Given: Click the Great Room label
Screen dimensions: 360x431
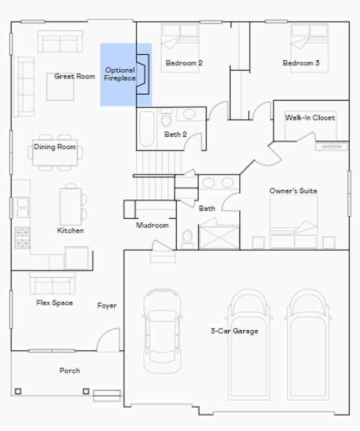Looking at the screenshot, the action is coord(74,76).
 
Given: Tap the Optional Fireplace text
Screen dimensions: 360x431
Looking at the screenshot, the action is coord(120,74).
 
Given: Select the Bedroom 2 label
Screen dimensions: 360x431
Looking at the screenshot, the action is coord(184,63).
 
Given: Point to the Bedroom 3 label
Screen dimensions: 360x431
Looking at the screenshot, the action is coord(301,63).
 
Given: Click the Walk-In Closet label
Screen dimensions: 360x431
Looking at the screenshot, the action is coord(310,118).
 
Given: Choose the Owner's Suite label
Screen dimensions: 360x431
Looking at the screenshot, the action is coord(293,191).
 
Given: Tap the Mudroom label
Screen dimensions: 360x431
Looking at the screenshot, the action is coord(152,225).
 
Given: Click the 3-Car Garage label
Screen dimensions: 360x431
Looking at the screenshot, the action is coord(234,331).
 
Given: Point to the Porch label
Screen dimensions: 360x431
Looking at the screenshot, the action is coord(70,371).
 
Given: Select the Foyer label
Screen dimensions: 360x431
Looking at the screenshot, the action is coord(107,305).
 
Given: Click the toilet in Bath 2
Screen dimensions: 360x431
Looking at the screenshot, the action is coord(166,118).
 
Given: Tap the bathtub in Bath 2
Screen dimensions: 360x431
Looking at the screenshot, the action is coord(147,129).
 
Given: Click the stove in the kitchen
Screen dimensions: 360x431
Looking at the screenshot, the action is coord(22,238).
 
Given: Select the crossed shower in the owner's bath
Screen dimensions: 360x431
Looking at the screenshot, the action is coord(219,237).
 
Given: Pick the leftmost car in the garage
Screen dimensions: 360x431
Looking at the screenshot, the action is coord(162,331).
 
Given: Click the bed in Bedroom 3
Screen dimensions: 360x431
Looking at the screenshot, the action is coord(310,48).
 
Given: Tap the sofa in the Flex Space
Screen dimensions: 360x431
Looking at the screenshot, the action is coord(53,283).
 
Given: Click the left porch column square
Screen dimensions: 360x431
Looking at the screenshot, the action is coord(18,391).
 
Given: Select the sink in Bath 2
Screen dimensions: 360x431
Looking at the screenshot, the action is coord(189,114).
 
